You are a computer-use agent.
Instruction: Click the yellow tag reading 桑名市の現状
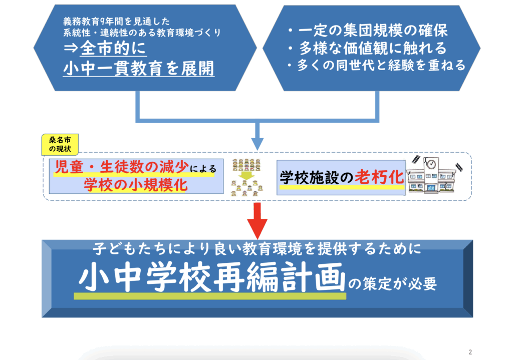tap(60, 144)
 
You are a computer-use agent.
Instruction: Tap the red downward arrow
tap(257, 221)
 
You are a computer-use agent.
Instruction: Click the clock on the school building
tap(431, 164)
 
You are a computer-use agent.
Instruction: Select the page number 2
tap(470, 352)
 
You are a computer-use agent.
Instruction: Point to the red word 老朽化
tap(379, 177)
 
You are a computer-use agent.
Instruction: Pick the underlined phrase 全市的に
tap(113, 49)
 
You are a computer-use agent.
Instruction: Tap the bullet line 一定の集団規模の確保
tap(368, 31)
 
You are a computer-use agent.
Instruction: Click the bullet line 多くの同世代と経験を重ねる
tap(376, 65)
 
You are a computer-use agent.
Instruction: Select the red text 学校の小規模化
tap(135, 185)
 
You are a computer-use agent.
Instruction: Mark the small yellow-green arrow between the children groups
tap(246, 176)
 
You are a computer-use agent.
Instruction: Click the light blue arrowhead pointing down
tap(257, 144)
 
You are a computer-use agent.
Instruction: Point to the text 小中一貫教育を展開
tap(139, 68)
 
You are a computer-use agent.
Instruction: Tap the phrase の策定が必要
tap(392, 283)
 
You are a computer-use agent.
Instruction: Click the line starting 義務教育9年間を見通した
tap(116, 22)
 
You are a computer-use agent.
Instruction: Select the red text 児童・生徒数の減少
tap(122, 167)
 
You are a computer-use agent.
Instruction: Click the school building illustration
tap(431, 175)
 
